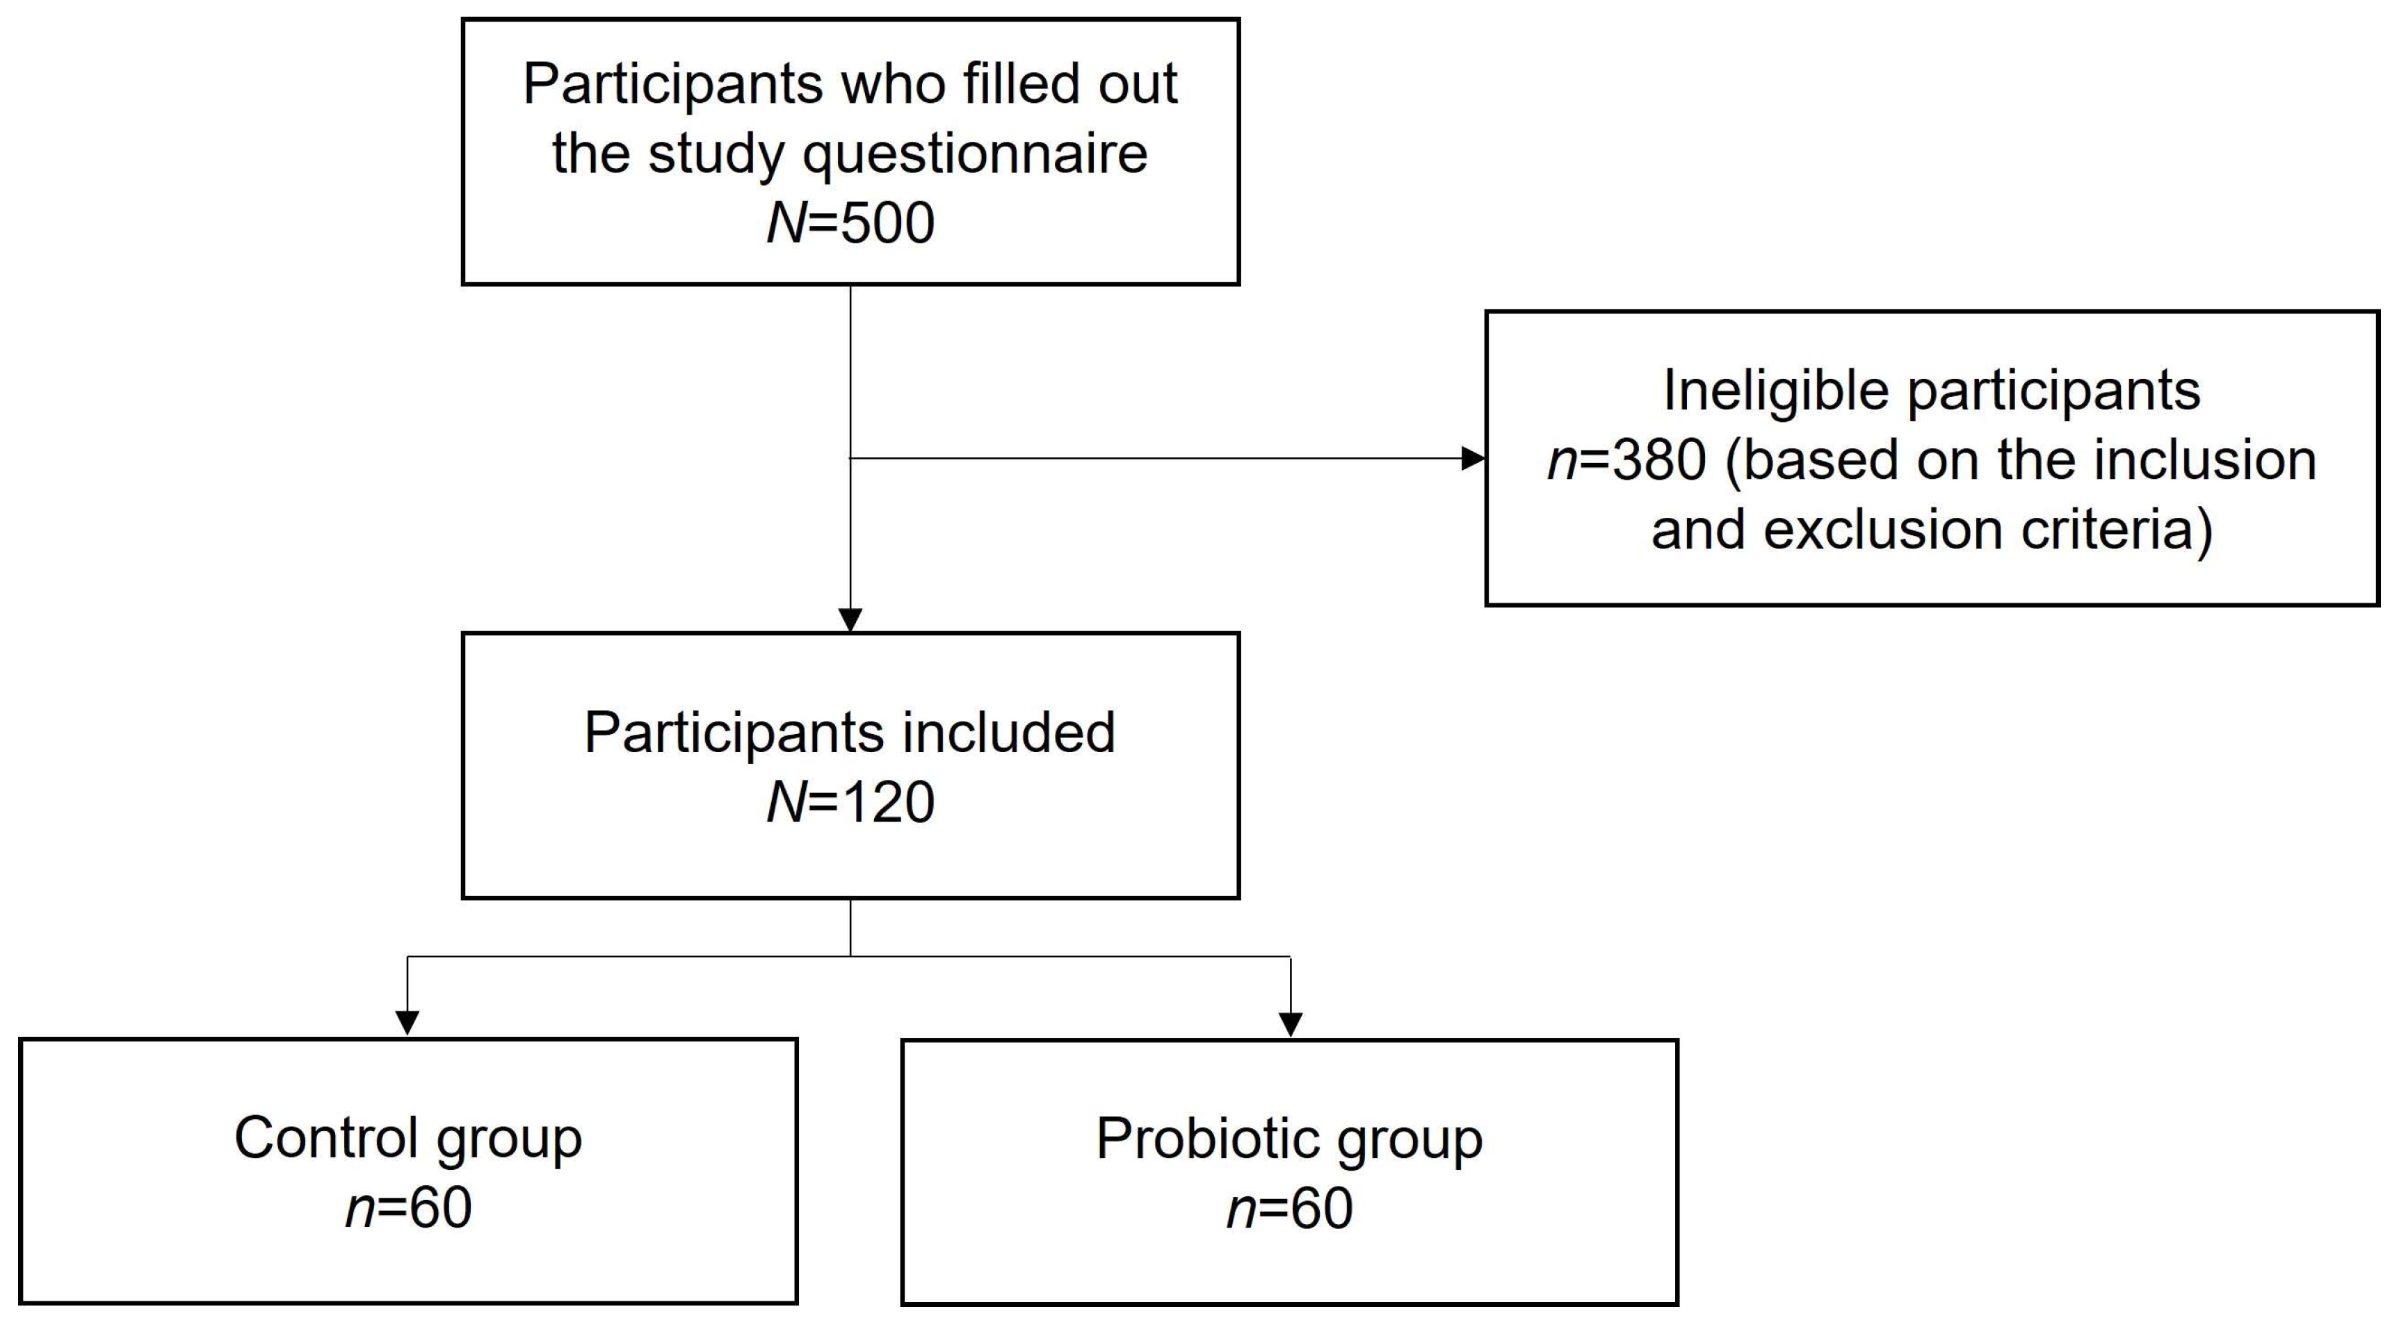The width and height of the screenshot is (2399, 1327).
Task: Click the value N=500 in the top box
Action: pyautogui.click(x=850, y=224)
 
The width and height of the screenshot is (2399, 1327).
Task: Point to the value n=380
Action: pyautogui.click(x=1626, y=460)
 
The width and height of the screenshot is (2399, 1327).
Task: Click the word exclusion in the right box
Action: pyautogui.click(x=1883, y=530)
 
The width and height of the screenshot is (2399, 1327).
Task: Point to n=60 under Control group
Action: pyautogui.click(x=408, y=1208)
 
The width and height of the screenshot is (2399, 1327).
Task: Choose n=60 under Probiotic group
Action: pyautogui.click(x=1290, y=1208)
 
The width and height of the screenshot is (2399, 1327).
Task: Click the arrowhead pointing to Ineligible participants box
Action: pyautogui.click(x=1473, y=458)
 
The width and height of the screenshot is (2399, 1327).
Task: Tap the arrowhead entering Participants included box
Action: pyautogui.click(x=850, y=620)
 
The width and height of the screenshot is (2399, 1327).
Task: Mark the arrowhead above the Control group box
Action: pyautogui.click(x=407, y=1023)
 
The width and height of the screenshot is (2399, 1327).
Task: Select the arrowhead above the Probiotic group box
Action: pyautogui.click(x=1290, y=1023)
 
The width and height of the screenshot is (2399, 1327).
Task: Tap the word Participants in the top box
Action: pyautogui.click(x=672, y=84)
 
